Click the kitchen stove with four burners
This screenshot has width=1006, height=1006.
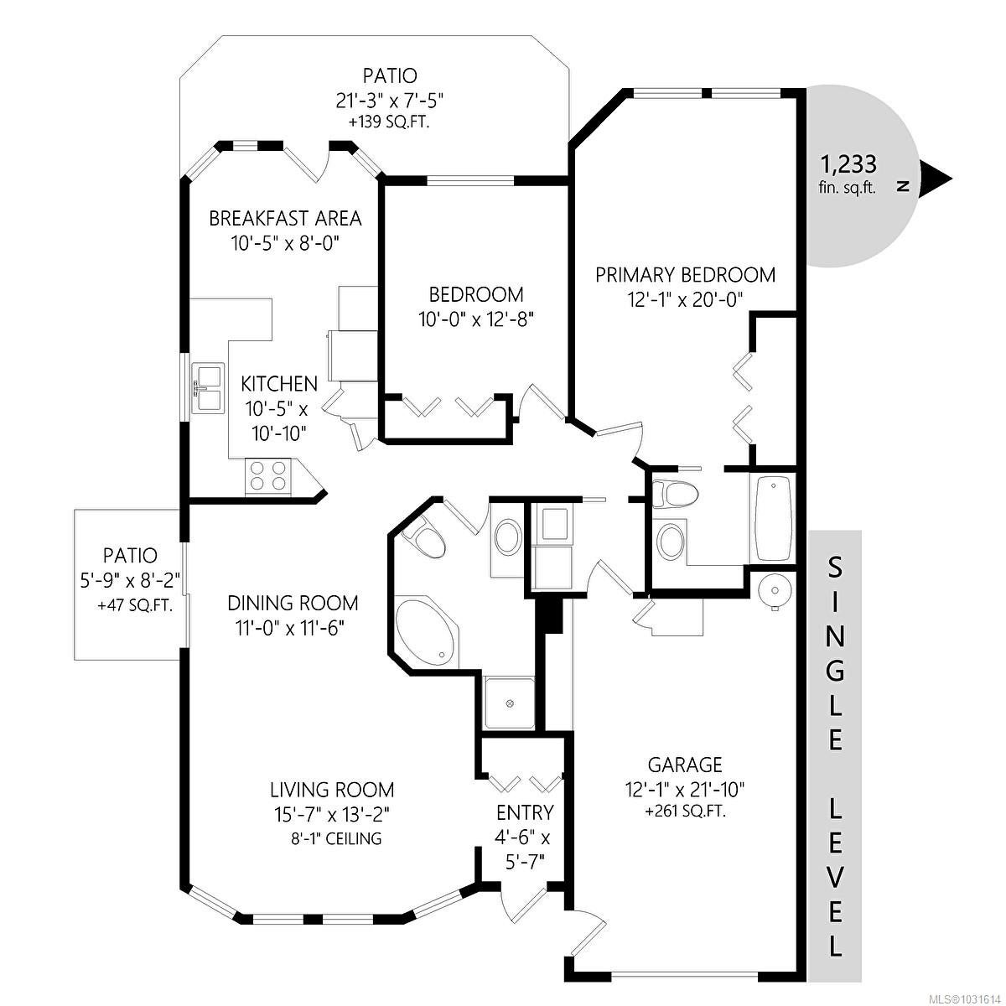[x=267, y=475]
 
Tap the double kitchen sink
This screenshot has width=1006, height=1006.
[x=208, y=387]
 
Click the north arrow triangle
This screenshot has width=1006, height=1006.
[x=935, y=180]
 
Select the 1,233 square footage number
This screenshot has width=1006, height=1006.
[x=848, y=164]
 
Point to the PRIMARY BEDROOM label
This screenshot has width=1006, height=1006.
[x=686, y=275]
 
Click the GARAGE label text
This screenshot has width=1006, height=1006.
[x=685, y=765]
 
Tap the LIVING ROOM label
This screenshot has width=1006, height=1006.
[x=332, y=790]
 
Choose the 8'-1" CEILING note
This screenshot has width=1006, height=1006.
[x=336, y=838]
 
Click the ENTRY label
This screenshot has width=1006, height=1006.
[x=525, y=813]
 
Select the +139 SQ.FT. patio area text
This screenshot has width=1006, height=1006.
[x=389, y=122]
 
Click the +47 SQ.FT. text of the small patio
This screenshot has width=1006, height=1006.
[x=135, y=606]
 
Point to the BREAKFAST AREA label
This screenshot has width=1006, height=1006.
[x=285, y=219]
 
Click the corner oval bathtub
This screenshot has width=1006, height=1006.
[x=427, y=633]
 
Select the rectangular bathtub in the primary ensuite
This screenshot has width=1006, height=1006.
[x=772, y=520]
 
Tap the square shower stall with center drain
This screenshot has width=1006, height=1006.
[x=509, y=703]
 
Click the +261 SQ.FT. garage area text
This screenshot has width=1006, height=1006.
[x=685, y=812]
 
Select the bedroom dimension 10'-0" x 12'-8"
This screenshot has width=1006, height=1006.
[x=476, y=319]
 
